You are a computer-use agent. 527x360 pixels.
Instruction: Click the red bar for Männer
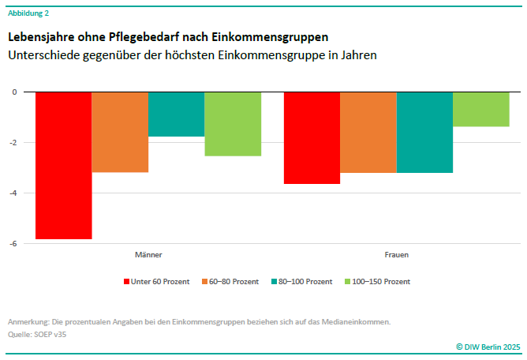(64, 165)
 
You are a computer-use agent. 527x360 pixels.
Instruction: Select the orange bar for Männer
(120, 132)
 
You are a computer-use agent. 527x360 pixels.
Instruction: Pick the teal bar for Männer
(176, 114)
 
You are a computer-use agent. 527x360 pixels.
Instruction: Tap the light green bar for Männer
(233, 124)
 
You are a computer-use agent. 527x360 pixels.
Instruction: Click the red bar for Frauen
(312, 138)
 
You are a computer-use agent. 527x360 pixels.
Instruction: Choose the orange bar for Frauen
(368, 133)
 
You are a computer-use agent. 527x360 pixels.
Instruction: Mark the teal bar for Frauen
(424, 133)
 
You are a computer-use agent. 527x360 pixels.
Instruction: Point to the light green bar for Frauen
(481, 109)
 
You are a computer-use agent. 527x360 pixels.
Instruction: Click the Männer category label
(148, 255)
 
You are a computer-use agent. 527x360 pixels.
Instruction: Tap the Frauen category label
(396, 255)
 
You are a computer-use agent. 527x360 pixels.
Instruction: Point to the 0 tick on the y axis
(13, 92)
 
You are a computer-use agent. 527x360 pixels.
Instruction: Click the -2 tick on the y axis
(12, 143)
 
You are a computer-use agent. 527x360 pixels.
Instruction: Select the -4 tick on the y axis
(12, 193)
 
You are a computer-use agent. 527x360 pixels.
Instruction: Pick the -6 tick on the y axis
(12, 244)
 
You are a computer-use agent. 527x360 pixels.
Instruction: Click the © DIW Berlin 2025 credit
(488, 347)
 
